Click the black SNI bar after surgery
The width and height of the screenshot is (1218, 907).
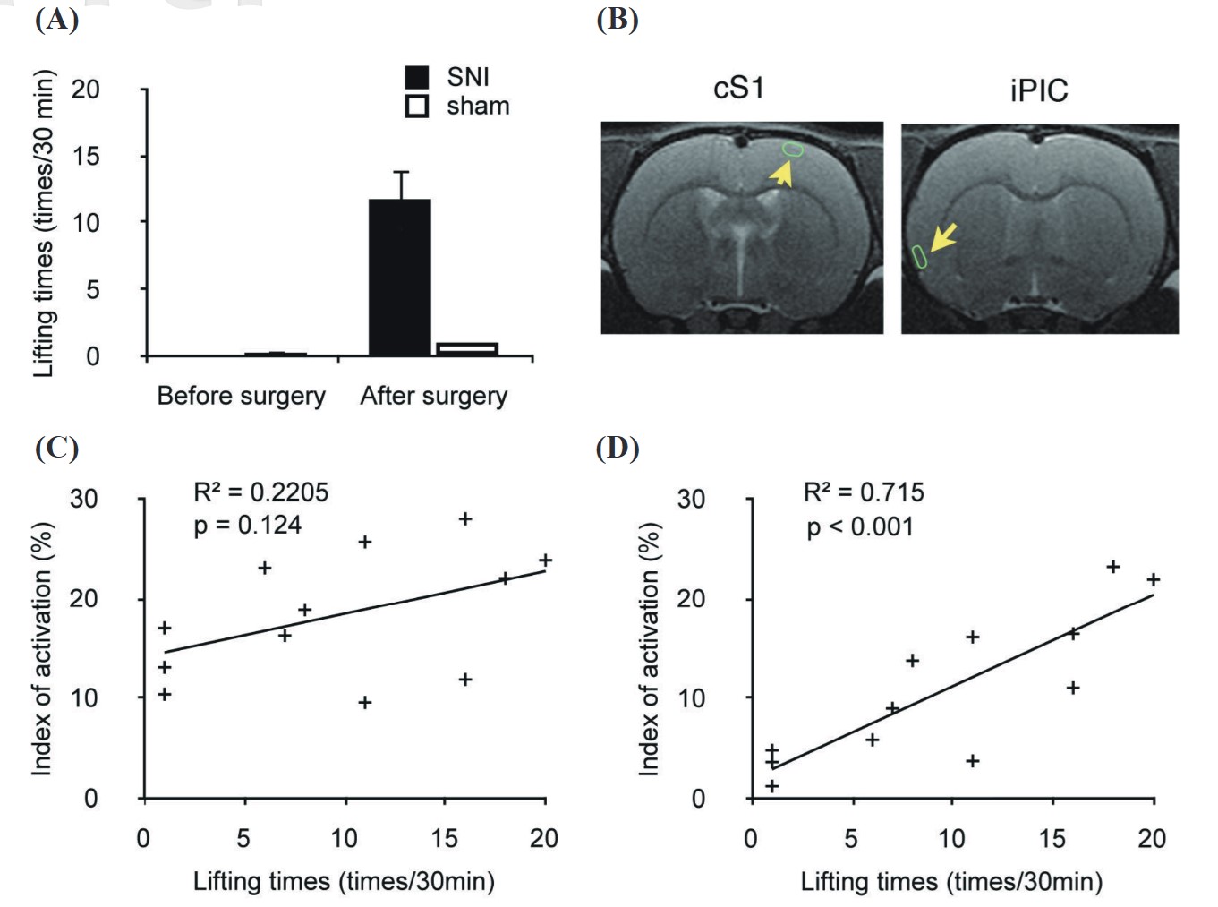point(400,278)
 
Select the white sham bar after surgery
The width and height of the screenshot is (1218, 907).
point(466,348)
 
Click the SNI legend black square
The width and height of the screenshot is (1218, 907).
point(417,77)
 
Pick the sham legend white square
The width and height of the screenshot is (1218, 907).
point(417,107)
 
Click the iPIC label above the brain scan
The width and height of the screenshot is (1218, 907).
point(1038,90)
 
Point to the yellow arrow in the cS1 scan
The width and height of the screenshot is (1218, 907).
point(782,173)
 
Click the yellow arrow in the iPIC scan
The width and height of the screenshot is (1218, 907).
point(943,237)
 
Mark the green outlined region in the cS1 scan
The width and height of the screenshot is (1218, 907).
point(793,150)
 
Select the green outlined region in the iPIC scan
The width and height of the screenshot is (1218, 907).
point(918,256)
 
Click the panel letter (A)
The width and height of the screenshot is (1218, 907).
point(56,19)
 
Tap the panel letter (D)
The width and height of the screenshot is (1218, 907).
point(618,448)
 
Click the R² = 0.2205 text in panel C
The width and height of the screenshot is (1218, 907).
point(261,492)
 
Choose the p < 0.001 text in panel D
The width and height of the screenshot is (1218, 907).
point(860,526)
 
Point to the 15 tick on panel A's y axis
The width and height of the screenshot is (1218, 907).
point(86,156)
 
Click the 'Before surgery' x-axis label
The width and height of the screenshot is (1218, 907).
point(241,396)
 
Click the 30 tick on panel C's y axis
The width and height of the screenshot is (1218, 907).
point(84,499)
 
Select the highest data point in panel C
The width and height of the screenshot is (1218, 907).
point(465,519)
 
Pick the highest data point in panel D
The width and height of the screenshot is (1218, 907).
point(1113,567)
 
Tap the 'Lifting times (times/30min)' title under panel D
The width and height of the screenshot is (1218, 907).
point(951,882)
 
